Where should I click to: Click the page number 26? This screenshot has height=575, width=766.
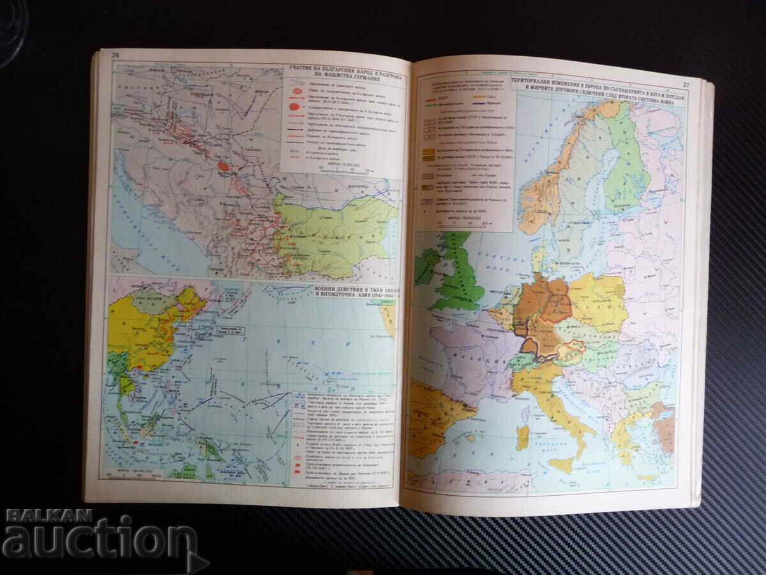116,54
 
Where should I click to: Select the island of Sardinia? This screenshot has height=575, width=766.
523,438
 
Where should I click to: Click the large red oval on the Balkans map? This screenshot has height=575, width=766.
223,166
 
